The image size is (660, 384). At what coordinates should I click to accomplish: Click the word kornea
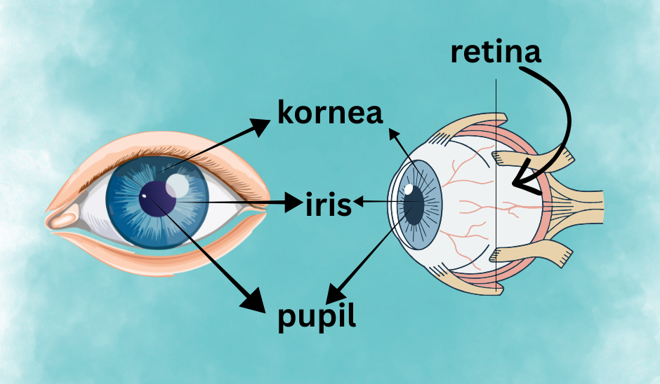point(330,113)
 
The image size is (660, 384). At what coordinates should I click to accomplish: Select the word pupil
point(317,317)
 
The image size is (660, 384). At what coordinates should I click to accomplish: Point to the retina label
point(496,52)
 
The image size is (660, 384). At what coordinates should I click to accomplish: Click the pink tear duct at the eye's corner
point(64,219)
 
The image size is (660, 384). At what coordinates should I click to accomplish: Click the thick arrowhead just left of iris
point(294,204)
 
